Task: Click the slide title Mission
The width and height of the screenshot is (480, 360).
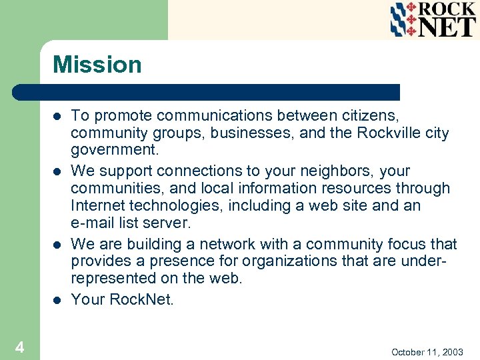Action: (x=97, y=65)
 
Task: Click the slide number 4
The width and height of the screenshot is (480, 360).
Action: (x=20, y=347)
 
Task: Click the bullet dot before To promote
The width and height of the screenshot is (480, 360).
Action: (x=57, y=117)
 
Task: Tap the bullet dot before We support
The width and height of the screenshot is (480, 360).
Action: (x=57, y=171)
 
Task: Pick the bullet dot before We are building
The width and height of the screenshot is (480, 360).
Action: (x=57, y=245)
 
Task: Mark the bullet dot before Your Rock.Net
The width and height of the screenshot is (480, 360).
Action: (x=57, y=300)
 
